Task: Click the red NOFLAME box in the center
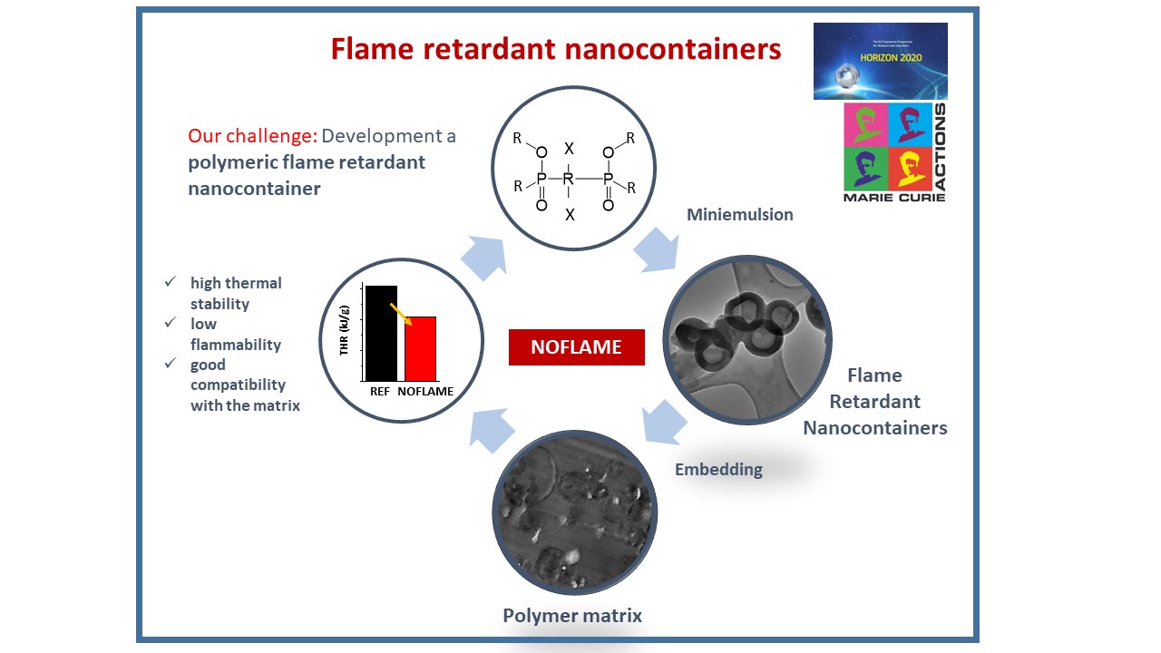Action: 576,347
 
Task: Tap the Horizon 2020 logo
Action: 880,61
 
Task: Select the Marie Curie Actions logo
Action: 894,151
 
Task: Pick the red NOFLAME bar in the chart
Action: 420,348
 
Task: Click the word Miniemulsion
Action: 740,215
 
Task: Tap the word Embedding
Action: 718,469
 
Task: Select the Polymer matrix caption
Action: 572,616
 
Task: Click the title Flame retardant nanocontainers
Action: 556,49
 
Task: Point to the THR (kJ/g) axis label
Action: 345,330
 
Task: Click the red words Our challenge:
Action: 252,136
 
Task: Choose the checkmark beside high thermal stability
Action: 170,283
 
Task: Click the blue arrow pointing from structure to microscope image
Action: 655,249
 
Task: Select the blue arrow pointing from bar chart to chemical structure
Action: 483,257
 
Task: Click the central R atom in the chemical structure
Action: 569,179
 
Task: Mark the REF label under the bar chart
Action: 380,392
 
